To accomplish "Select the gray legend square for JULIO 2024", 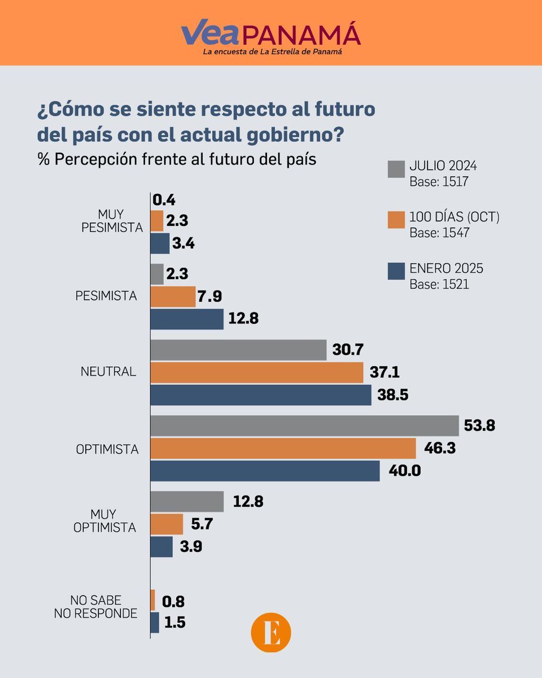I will [396, 169].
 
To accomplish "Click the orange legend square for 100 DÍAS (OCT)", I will [396, 220].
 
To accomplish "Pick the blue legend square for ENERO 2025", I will [396, 271].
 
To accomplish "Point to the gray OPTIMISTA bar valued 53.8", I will [304, 426].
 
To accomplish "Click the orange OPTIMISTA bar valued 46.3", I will [283, 448].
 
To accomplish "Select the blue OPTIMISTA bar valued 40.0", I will [265, 471].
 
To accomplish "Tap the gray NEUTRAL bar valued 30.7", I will [238, 350].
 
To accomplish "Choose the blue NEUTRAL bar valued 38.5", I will [261, 395].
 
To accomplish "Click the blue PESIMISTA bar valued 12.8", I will [187, 319].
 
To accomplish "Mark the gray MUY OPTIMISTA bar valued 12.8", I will [187, 501].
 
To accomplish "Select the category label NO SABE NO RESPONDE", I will [95, 607].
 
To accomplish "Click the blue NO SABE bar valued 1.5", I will [155, 623].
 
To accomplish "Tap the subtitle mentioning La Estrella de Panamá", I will [273, 52].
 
